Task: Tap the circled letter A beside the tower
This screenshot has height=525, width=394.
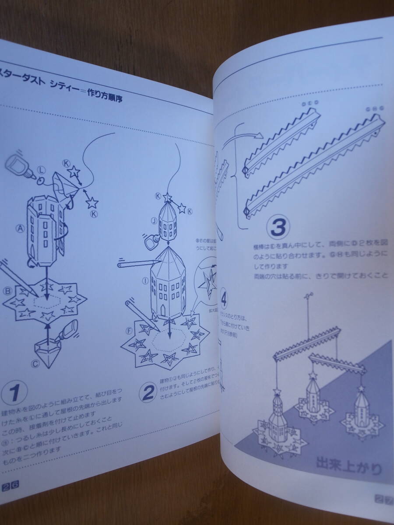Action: tap(19, 227)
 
